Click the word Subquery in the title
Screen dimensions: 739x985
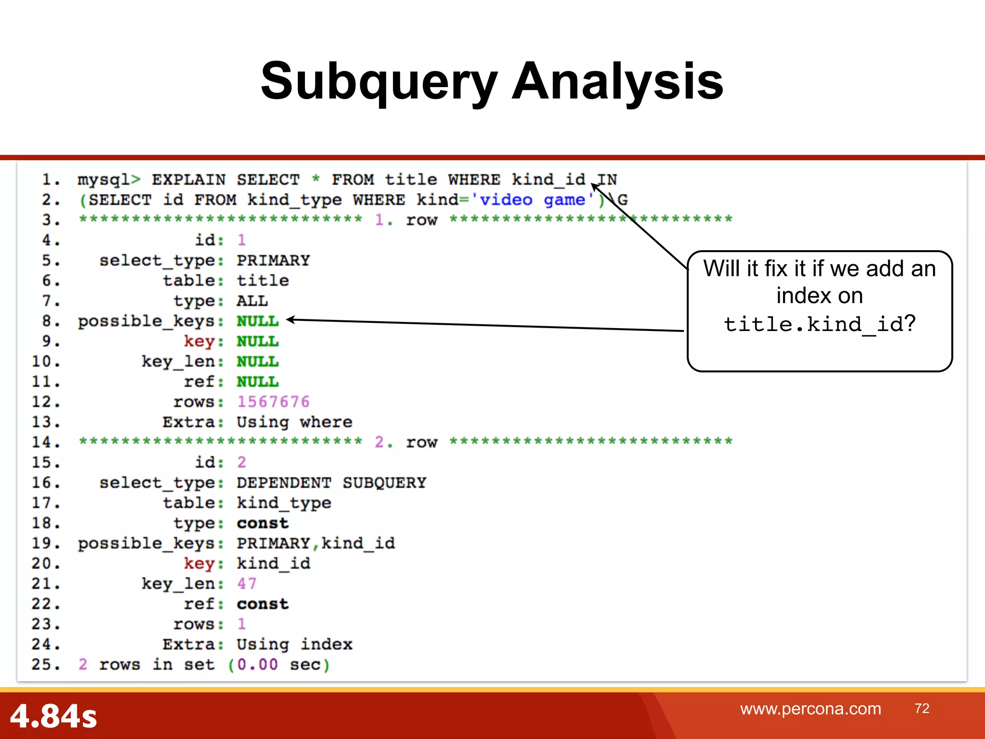(379, 82)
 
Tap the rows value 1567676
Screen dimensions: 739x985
(273, 402)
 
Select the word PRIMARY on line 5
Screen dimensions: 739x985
(273, 260)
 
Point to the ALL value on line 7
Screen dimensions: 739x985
(252, 301)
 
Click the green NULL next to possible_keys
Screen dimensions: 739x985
(258, 321)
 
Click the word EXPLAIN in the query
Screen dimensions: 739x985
(189, 179)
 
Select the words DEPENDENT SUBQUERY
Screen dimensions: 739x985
(331, 483)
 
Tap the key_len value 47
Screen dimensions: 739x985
(247, 584)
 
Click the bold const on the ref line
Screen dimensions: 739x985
(263, 604)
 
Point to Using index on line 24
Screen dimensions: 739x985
(294, 644)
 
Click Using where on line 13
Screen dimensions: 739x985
(294, 422)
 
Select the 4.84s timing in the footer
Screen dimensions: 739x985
(53, 716)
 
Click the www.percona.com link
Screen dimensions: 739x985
(810, 709)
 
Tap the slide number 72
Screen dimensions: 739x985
(922, 708)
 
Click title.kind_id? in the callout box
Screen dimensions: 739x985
(820, 324)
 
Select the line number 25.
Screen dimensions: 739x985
(46, 664)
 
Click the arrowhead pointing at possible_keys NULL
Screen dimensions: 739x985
(290, 319)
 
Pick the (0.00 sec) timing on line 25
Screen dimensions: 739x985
(279, 664)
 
